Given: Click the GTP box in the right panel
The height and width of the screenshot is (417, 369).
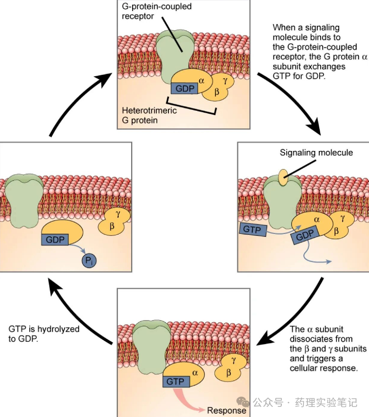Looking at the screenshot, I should pyautogui.click(x=252, y=229).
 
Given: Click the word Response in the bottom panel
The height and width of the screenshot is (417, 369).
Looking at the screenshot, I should pyautogui.click(x=226, y=410).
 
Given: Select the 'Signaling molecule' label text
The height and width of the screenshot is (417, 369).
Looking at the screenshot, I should pyautogui.click(x=316, y=152).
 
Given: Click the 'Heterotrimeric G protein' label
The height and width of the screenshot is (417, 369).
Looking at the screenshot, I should pyautogui.click(x=143, y=115).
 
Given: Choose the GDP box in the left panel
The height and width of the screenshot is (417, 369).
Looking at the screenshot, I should pyautogui.click(x=55, y=239).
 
